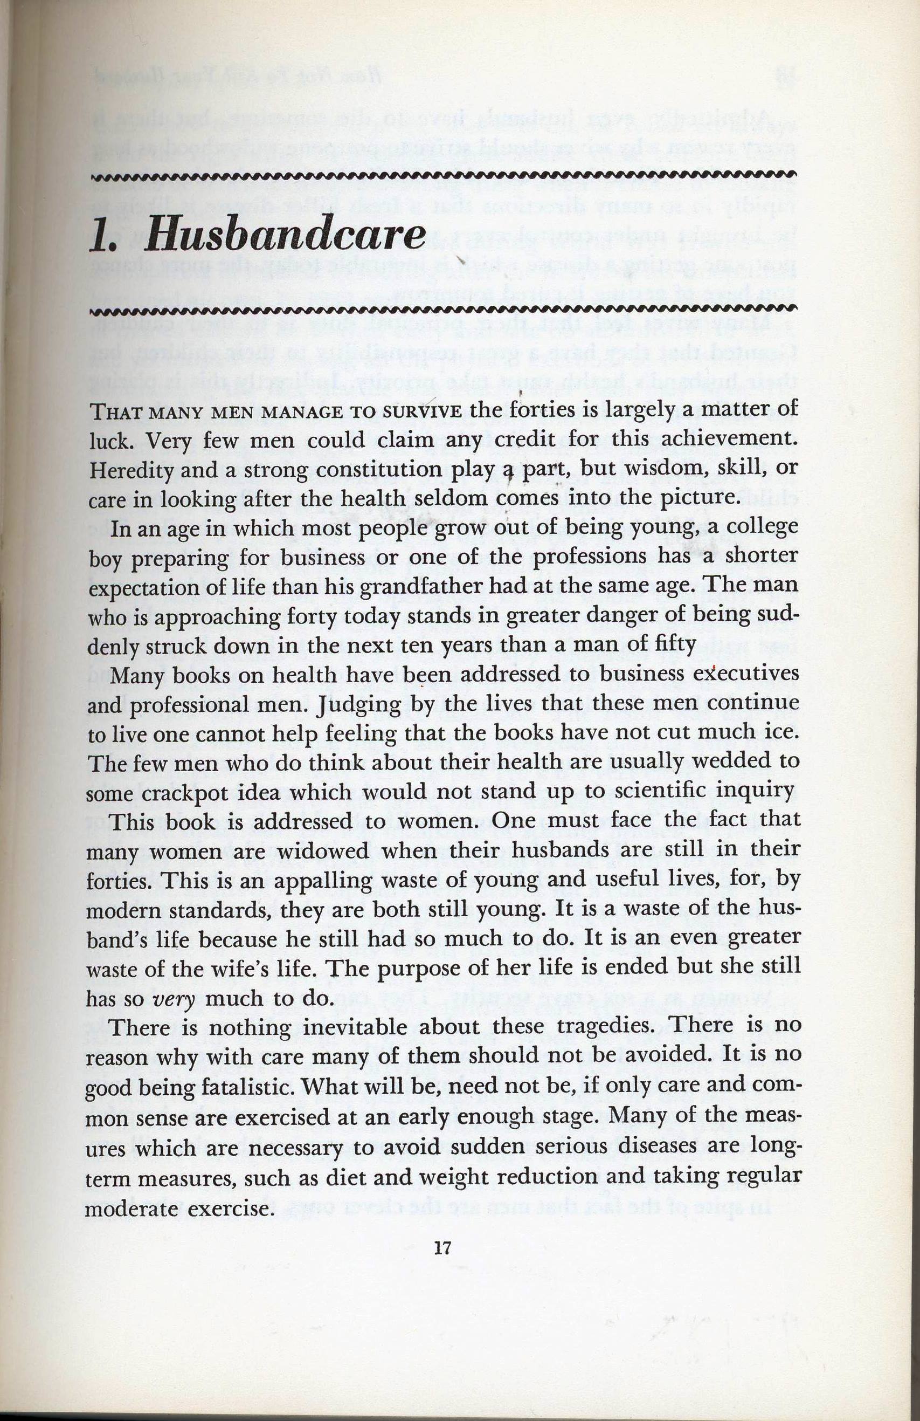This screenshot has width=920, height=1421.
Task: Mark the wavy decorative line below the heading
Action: coord(442,308)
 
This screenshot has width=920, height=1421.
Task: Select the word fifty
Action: coord(676,646)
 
